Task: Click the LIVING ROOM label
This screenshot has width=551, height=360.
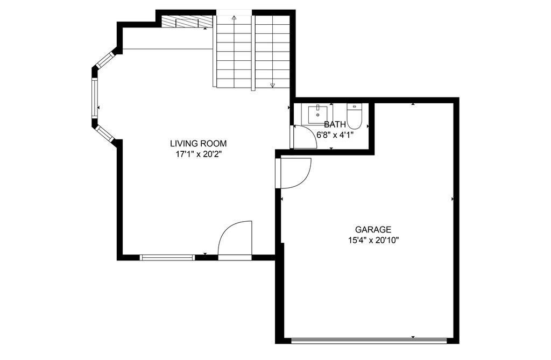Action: (x=198, y=144)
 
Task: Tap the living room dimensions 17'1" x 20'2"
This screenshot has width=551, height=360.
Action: (x=198, y=154)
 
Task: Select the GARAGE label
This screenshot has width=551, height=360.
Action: (x=373, y=230)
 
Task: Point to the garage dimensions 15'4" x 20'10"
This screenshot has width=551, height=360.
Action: (x=373, y=241)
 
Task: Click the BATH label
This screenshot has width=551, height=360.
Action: (x=335, y=124)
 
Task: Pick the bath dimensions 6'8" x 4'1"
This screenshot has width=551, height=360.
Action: (x=335, y=135)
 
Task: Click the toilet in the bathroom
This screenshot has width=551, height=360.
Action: (x=354, y=116)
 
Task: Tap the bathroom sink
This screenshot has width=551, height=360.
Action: (x=317, y=114)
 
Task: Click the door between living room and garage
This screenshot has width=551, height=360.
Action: (x=294, y=173)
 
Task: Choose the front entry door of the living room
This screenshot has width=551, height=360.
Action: (x=235, y=241)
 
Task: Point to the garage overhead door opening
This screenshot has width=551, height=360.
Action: (x=369, y=340)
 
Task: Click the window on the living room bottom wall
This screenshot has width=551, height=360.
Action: (x=167, y=258)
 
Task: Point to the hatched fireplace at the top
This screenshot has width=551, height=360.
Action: (x=187, y=22)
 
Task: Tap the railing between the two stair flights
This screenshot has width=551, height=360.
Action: (x=253, y=53)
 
